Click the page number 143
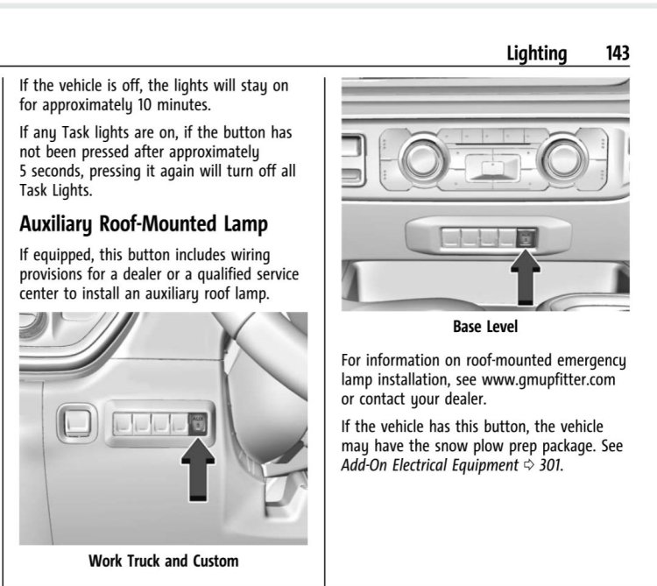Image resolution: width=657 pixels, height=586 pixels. [618, 53]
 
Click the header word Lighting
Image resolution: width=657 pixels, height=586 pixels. [537, 54]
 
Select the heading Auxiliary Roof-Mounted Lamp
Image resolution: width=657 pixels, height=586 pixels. [144, 224]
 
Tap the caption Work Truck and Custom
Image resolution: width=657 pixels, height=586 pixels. [164, 561]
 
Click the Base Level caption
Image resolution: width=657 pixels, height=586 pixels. [485, 327]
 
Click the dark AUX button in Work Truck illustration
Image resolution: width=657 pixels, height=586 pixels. [197, 423]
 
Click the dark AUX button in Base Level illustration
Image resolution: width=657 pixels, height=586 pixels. [526, 237]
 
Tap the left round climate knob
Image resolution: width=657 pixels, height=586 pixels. [423, 159]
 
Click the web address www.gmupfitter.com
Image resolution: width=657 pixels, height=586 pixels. [548, 380]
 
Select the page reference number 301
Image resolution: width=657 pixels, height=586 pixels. [550, 465]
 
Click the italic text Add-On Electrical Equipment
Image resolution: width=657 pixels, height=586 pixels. [429, 465]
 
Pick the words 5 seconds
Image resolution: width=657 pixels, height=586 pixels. [52, 172]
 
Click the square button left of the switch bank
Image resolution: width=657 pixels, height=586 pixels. [77, 423]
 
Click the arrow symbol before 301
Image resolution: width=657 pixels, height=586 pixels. [529, 465]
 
